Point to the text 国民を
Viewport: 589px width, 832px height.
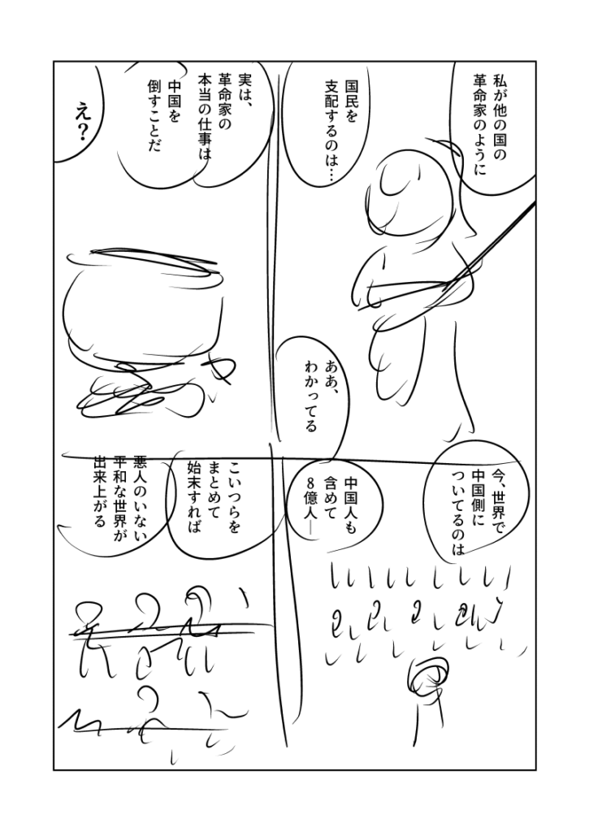click(351, 101)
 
